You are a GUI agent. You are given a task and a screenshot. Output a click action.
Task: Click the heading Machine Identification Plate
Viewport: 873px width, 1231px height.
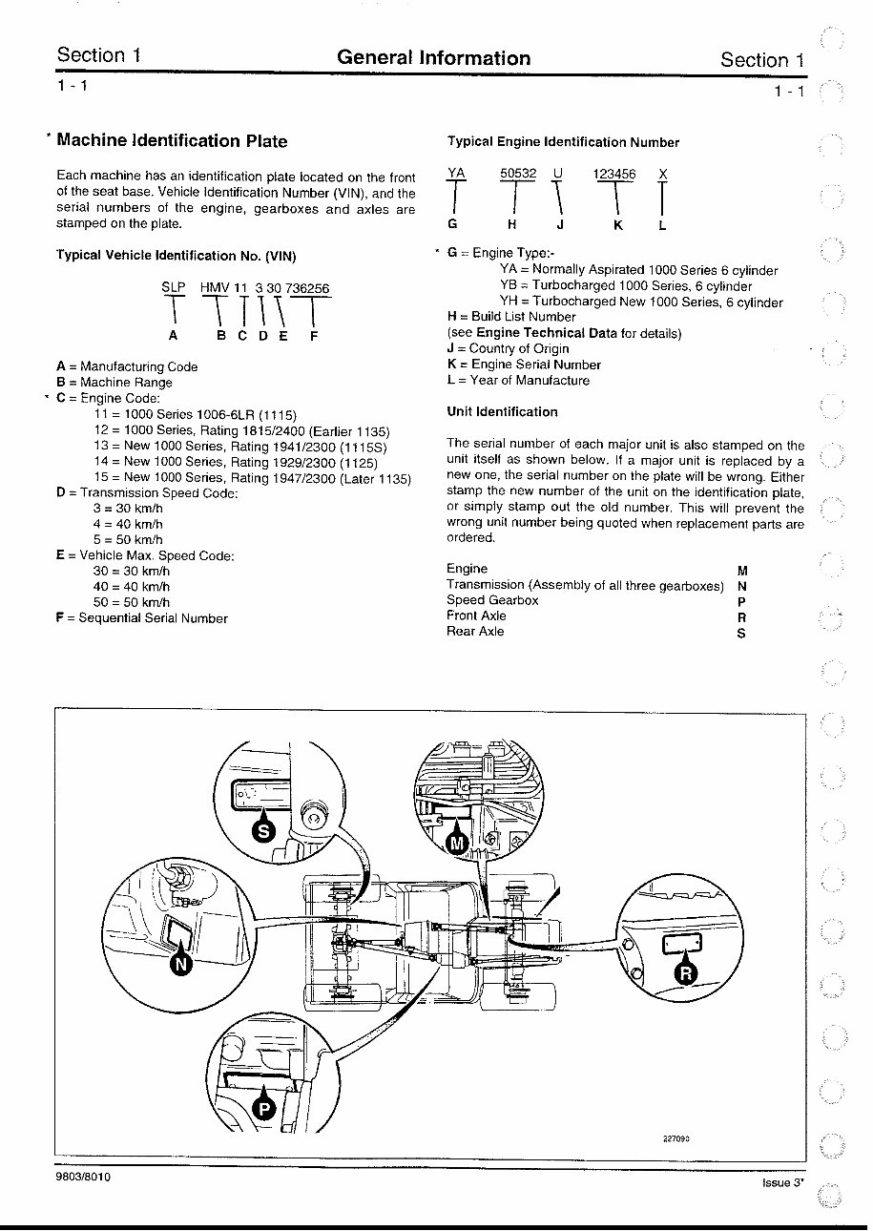[172, 141]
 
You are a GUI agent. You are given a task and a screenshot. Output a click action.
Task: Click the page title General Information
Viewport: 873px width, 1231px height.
[433, 58]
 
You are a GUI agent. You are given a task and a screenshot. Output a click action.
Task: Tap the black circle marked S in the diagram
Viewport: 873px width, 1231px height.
[265, 831]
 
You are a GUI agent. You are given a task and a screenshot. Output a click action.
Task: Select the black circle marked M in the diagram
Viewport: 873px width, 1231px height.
[458, 843]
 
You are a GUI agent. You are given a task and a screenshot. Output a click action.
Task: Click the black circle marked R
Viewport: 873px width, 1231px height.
[686, 973]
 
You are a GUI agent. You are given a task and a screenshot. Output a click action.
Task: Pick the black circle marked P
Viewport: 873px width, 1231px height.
[265, 1108]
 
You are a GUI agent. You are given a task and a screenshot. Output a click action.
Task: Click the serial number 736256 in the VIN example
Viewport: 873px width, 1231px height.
[307, 287]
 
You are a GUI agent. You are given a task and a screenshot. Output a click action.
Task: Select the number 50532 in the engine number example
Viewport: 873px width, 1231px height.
[518, 174]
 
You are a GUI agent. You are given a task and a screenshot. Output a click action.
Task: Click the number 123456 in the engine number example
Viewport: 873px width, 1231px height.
[614, 174]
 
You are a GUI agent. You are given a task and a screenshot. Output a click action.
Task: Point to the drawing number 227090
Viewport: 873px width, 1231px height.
[676, 1138]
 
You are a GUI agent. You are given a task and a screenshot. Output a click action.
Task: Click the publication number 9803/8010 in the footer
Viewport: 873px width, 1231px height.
[84, 1178]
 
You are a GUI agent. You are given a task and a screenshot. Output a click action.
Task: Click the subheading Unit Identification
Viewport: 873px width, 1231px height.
[502, 412]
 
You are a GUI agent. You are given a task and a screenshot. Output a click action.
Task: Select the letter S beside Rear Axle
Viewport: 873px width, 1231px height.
[741, 634]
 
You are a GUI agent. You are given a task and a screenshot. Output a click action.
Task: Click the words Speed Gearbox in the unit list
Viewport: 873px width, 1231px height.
[492, 600]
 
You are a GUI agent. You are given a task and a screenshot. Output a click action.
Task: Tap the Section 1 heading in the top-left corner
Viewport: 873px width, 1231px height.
[99, 54]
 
